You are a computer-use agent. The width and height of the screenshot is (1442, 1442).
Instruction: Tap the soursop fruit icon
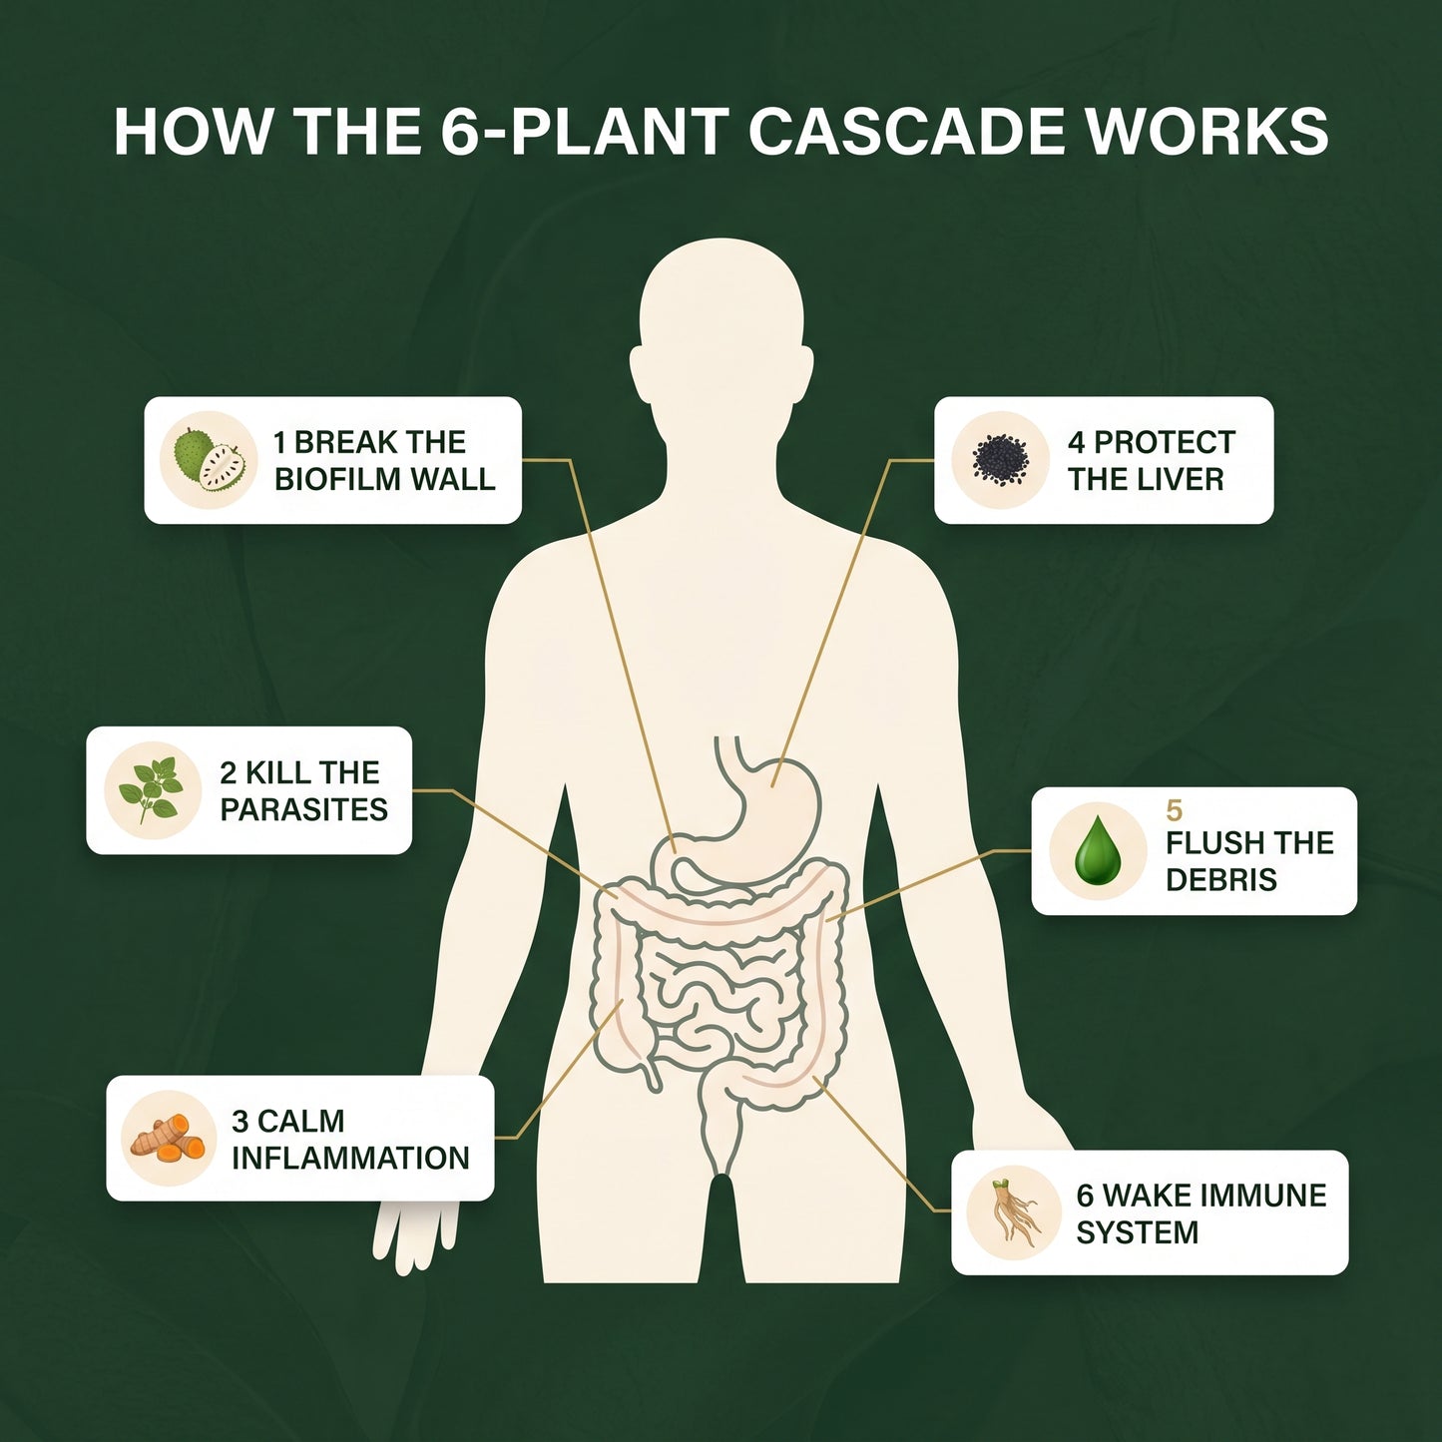(208, 459)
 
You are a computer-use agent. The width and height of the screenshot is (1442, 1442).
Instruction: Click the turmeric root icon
(167, 1139)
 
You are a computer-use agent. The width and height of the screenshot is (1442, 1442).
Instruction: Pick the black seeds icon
(1000, 459)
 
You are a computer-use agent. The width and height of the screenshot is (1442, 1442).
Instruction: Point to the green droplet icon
(1097, 850)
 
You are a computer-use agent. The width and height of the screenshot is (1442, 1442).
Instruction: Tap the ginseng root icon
(1013, 1213)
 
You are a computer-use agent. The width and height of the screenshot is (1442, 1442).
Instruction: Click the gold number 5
(1174, 810)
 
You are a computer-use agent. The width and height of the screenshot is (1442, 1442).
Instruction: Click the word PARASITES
(303, 809)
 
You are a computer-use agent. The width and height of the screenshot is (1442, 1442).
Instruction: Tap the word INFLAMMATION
(350, 1159)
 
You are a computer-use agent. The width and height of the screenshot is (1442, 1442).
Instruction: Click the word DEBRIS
(1220, 880)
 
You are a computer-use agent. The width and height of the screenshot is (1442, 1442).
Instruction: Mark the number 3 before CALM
(240, 1122)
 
